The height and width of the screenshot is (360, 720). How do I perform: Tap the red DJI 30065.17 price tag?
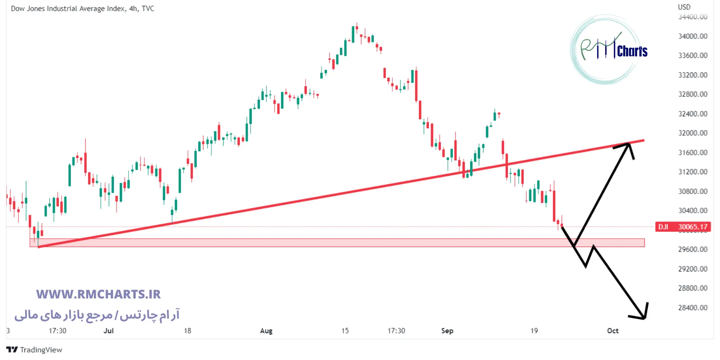coord(683,227)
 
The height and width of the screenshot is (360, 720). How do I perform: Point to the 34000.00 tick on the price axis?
coord(693,36)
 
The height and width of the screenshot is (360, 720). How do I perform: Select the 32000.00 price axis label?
coord(693,133)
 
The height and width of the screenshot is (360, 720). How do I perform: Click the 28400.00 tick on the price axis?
coord(693,308)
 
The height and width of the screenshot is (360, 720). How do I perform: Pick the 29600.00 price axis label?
coord(693,249)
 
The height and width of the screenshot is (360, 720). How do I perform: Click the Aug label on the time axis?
coord(266,331)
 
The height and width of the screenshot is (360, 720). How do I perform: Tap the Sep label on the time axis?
coord(447,331)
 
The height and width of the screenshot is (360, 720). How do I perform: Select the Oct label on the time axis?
coord(613,331)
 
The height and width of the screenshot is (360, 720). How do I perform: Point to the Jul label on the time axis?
coord(108,331)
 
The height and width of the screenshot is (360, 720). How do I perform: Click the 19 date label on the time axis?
coord(534,331)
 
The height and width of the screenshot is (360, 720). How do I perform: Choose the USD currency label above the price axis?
coord(684,7)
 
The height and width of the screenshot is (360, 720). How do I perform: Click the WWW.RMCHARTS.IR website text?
coord(98,294)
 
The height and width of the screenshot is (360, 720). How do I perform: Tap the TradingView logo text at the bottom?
coord(41,350)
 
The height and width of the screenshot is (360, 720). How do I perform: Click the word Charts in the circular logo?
coord(632,51)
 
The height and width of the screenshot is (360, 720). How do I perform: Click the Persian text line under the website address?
coord(97,315)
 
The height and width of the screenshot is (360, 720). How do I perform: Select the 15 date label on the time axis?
coord(345,331)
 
